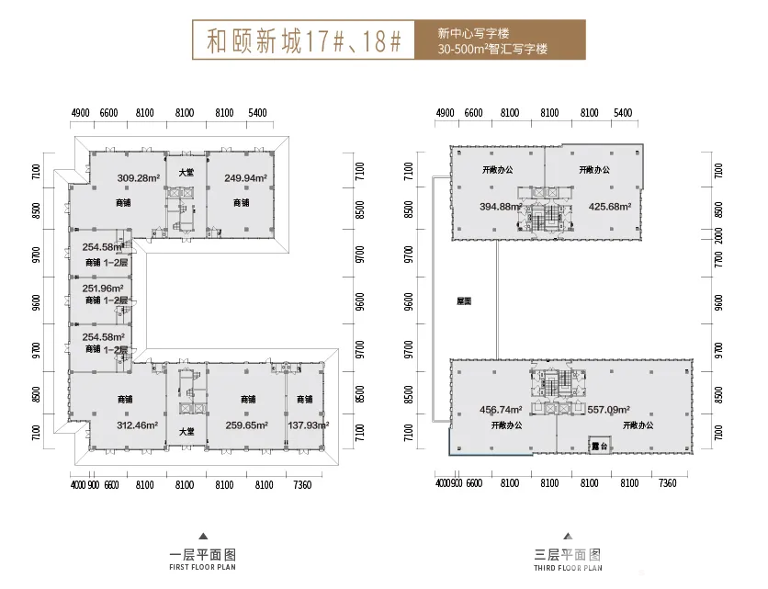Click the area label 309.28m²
(x=139, y=178)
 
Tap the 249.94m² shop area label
(x=246, y=178)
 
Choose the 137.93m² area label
(x=308, y=425)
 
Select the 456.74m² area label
(x=501, y=410)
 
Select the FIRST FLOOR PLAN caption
(x=203, y=570)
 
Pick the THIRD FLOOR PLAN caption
(x=568, y=570)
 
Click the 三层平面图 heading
(x=568, y=555)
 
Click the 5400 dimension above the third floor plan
(x=623, y=113)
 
